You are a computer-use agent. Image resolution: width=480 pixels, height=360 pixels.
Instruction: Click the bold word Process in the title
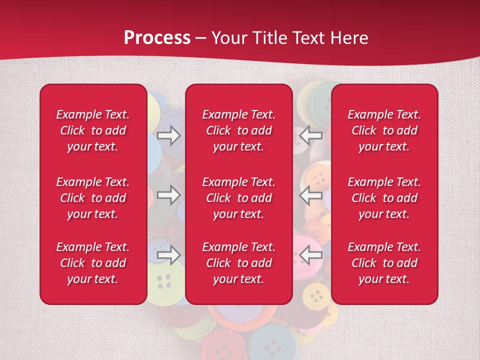click(157, 38)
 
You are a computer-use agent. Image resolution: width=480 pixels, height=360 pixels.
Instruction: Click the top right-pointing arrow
click(169, 135)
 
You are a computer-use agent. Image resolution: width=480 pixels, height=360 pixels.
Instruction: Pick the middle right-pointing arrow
click(169, 195)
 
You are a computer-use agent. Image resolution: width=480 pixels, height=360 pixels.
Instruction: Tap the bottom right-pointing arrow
click(169, 255)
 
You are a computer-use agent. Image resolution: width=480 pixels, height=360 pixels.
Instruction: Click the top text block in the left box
click(93, 130)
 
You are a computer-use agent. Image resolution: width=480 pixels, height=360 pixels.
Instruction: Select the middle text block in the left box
click(93, 198)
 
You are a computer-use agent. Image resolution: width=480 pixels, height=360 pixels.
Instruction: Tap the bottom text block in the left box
click(93, 263)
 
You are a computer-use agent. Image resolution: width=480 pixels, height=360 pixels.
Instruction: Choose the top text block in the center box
click(239, 130)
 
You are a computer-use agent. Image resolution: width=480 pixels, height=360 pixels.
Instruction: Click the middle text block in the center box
click(239, 198)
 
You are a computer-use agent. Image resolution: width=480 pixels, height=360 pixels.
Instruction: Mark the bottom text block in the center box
click(239, 263)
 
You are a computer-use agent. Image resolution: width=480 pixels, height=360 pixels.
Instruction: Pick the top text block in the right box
click(384, 130)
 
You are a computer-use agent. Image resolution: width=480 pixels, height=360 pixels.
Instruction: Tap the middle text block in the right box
click(384, 198)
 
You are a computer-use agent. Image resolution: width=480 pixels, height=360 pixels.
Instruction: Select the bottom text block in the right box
click(384, 263)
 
